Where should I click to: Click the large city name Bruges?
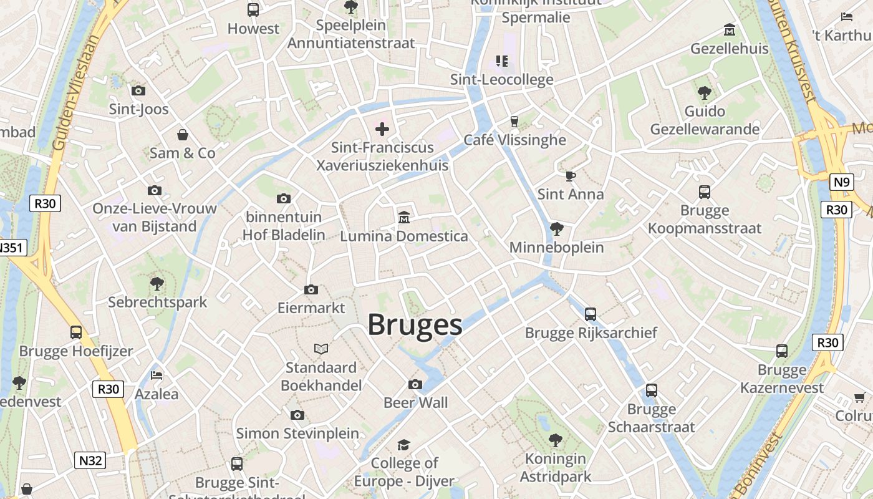(x=415, y=325)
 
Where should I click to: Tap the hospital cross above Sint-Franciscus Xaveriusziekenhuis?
(x=382, y=129)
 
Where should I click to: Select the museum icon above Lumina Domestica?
(x=404, y=218)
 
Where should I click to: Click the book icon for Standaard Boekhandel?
(x=321, y=349)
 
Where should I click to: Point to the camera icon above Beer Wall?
(x=415, y=384)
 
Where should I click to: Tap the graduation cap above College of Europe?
(x=404, y=445)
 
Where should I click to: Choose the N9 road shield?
(x=841, y=182)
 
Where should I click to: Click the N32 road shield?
(x=90, y=461)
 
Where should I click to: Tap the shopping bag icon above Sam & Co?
(x=183, y=135)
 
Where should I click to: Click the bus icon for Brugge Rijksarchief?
(x=591, y=314)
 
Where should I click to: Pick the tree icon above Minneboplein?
(x=557, y=229)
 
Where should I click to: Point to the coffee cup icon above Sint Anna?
(x=570, y=176)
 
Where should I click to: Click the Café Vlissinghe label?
(x=515, y=140)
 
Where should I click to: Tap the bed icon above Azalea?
(x=157, y=375)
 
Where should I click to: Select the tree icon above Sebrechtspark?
(x=157, y=284)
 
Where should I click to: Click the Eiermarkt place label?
(x=311, y=308)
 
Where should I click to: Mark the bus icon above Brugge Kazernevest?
(x=782, y=351)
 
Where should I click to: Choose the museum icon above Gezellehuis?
(x=729, y=30)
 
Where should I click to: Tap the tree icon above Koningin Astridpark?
(x=555, y=440)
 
